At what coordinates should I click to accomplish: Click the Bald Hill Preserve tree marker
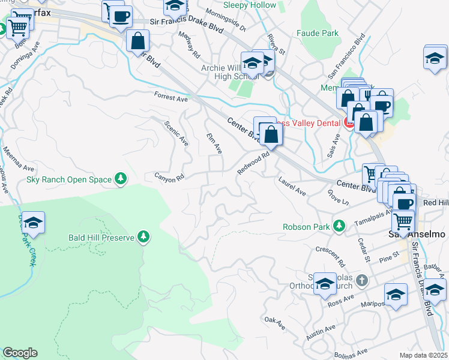[143, 237]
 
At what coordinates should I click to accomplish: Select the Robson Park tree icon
[339, 226]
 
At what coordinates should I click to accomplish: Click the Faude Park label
[318, 34]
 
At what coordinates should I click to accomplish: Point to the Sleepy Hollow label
[250, 5]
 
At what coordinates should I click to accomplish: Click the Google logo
[20, 353]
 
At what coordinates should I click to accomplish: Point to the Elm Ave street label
[214, 143]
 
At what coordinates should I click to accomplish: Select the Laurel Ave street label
[292, 186]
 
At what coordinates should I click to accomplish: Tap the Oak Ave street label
[274, 322]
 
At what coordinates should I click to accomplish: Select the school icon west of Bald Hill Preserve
[34, 223]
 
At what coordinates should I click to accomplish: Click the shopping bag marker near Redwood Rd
[271, 133]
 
